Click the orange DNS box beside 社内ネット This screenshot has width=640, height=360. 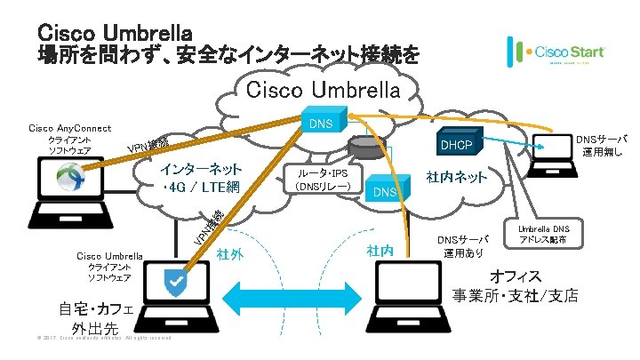coord(385,192)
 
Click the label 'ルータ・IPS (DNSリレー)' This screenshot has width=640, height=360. coord(322,180)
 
